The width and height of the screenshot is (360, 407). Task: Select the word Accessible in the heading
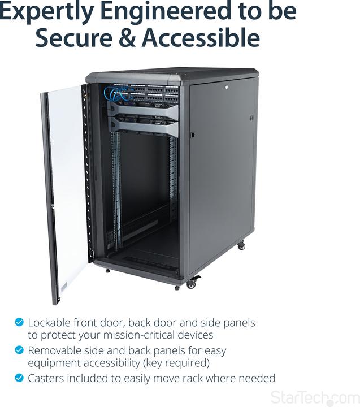pyautogui.click(x=200, y=38)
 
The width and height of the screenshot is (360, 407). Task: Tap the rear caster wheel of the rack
pyautogui.click(x=241, y=245)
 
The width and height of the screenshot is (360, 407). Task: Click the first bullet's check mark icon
pyautogui.click(x=20, y=322)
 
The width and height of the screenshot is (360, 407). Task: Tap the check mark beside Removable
pyautogui.click(x=20, y=350)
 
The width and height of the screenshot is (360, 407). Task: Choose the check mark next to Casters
pyautogui.click(x=20, y=378)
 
